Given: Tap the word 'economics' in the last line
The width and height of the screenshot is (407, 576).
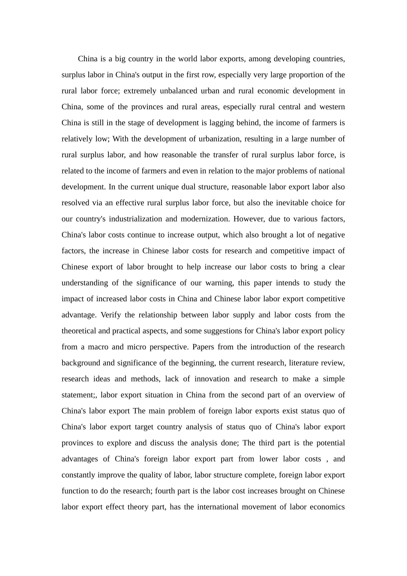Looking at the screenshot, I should point(328,507).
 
